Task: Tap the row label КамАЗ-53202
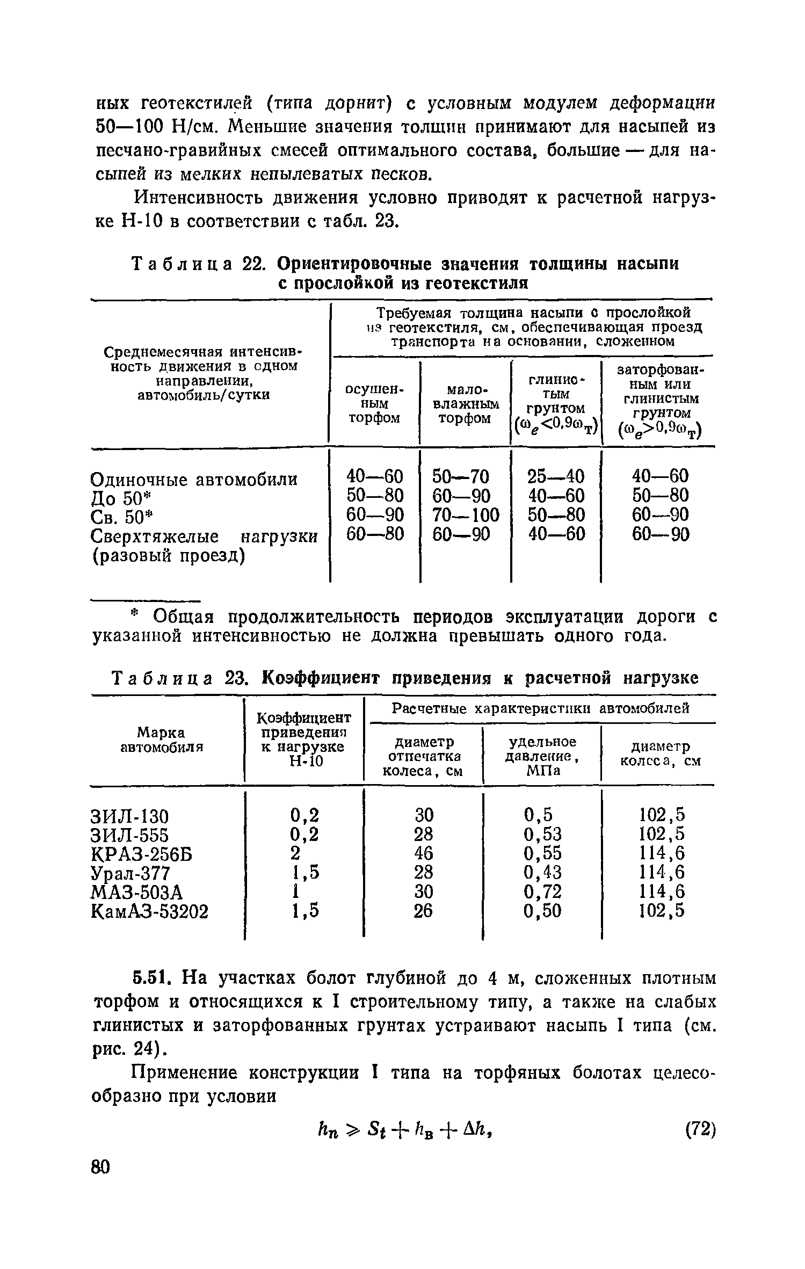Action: (x=150, y=911)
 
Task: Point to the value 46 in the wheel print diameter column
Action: (x=424, y=853)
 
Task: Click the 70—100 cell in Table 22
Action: (x=466, y=515)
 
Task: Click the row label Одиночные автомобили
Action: (x=194, y=479)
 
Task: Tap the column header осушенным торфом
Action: (x=374, y=403)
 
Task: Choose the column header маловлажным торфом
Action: (x=465, y=403)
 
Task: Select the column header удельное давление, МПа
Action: (x=542, y=756)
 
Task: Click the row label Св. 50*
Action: (x=122, y=517)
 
